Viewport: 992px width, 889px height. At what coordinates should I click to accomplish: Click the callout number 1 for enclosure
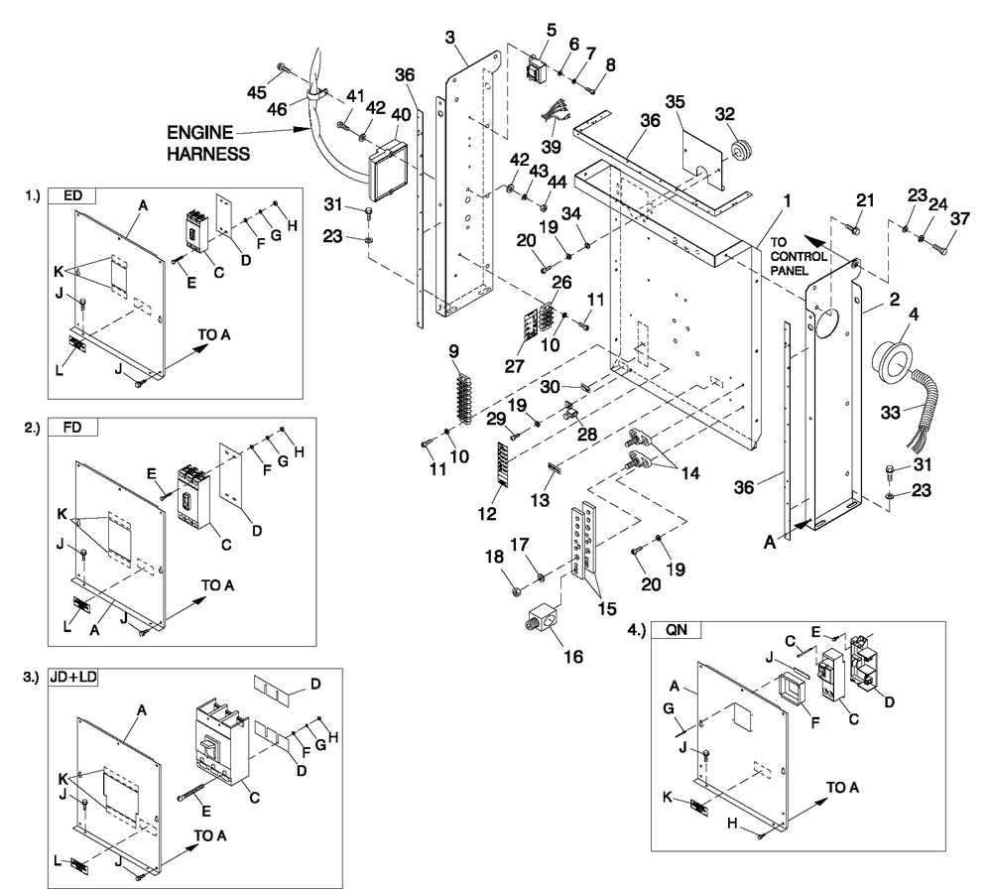click(783, 200)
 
